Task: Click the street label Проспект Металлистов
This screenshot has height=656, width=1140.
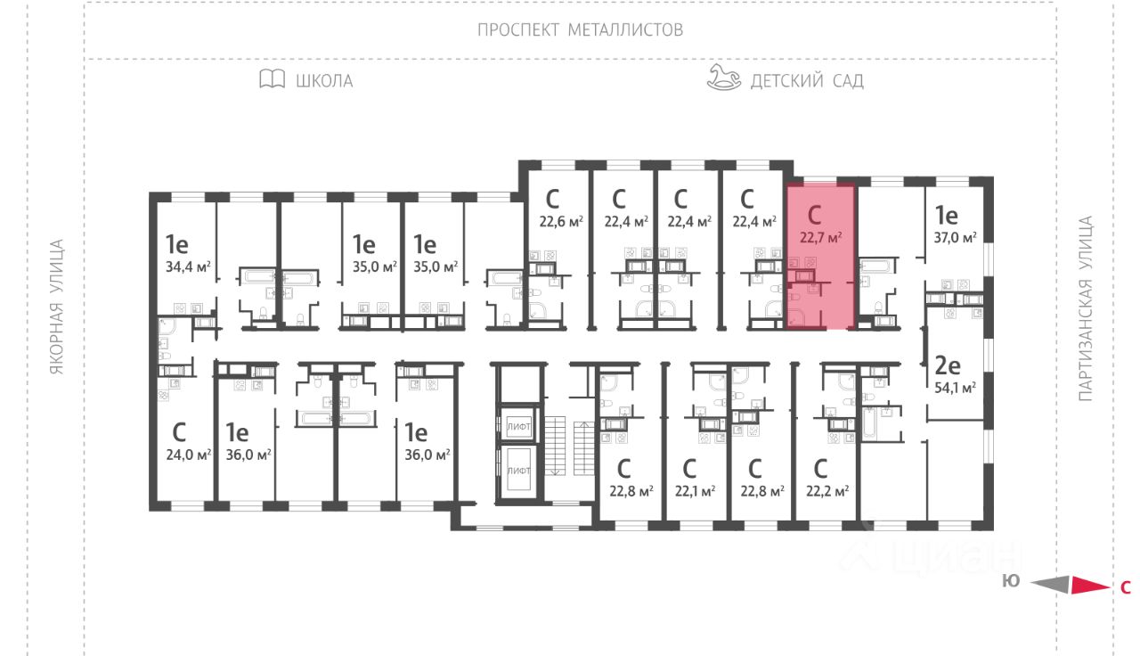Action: pyautogui.click(x=580, y=29)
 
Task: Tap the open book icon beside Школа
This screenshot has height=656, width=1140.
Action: pyautogui.click(x=272, y=79)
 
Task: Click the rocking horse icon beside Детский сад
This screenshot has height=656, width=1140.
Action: pyautogui.click(x=723, y=78)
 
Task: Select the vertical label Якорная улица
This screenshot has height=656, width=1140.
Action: pyautogui.click(x=58, y=306)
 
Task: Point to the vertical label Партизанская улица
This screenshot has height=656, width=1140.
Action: pyautogui.click(x=1085, y=307)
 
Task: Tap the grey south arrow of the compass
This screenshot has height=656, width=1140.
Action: pyautogui.click(x=1050, y=585)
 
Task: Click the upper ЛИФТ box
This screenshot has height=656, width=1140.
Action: pyautogui.click(x=518, y=427)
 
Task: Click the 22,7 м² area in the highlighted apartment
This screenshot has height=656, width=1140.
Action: pyautogui.click(x=821, y=237)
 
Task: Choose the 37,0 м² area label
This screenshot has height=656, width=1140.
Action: pyautogui.click(x=956, y=237)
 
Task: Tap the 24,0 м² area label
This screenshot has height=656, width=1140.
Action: pyautogui.click(x=189, y=454)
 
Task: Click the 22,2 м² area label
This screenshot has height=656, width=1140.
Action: pyautogui.click(x=827, y=490)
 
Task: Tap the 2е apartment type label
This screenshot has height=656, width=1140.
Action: pyautogui.click(x=946, y=365)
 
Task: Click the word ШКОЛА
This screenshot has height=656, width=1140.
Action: pyautogui.click(x=324, y=81)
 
